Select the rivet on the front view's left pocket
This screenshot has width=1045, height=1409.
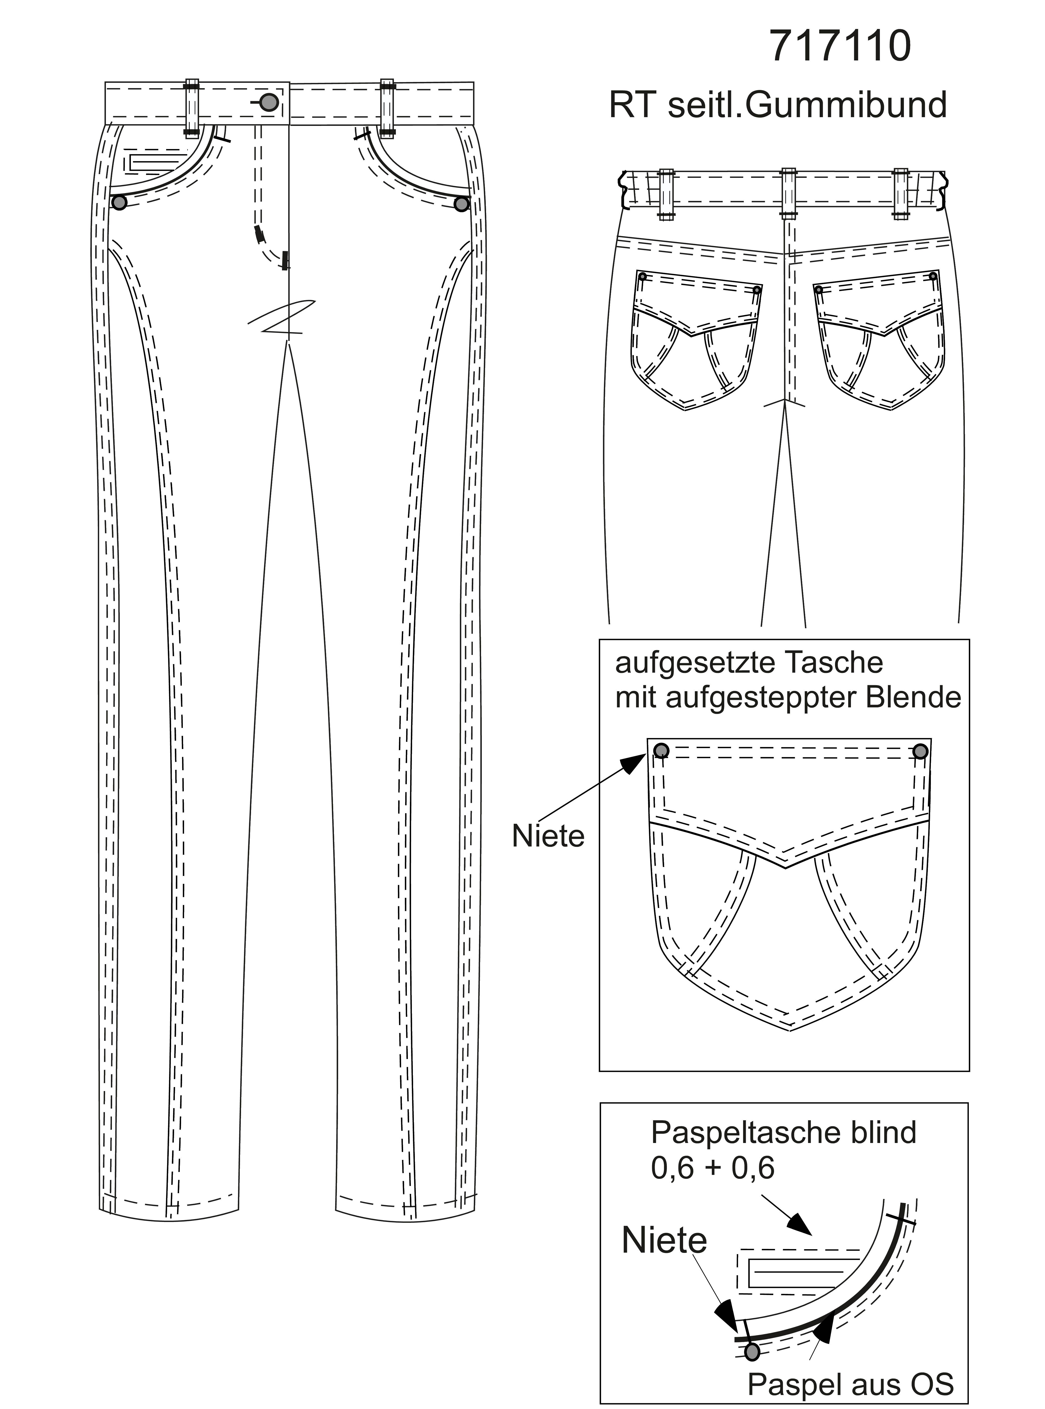point(119,203)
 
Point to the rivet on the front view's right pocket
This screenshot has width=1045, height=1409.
point(462,204)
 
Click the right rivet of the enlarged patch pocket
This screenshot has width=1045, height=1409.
point(921,751)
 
